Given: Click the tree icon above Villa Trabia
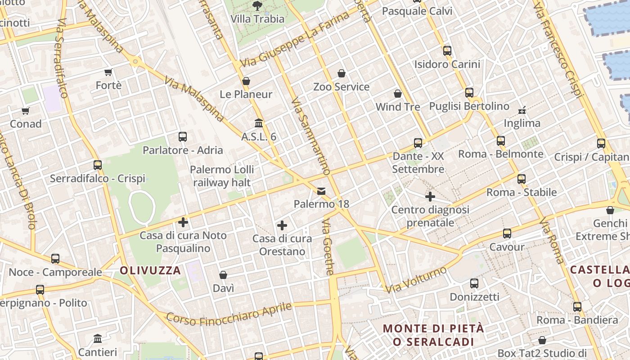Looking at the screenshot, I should point(257,6).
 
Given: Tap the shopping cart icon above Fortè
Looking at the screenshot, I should point(108,72).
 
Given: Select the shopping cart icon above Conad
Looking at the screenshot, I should point(25,111).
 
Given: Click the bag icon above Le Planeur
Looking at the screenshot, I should point(246,81).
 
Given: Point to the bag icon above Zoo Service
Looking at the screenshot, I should point(342,73).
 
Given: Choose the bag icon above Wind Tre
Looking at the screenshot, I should point(398,94).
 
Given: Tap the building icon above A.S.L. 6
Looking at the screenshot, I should point(259,123).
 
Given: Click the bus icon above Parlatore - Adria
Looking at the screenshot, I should point(183,137).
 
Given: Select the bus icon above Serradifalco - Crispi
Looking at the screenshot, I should point(98,165).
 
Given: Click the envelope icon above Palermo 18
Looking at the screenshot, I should point(321,191).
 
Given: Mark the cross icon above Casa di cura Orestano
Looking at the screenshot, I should point(282,225).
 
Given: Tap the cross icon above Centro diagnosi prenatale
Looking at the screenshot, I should point(430,197).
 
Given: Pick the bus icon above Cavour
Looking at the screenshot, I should point(507,234).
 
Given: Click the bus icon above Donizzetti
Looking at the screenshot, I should point(474,283).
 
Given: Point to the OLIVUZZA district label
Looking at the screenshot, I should point(150,270).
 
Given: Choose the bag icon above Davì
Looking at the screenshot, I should point(223,275).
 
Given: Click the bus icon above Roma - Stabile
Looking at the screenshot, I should point(522,179).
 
